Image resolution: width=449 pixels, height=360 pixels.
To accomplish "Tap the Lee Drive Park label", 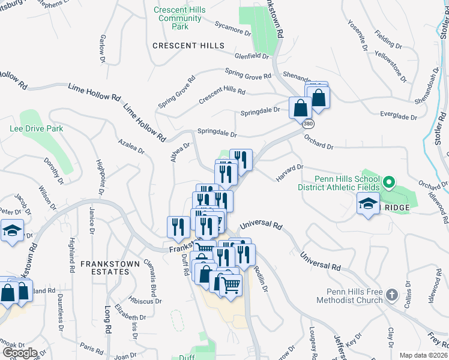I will pos(37,128).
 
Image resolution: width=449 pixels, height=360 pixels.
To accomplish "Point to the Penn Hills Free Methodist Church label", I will pos(351,296).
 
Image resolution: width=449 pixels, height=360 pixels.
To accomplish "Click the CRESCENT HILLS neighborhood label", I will pos(188,46).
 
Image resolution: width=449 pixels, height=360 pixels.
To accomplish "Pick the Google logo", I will pos(20,353).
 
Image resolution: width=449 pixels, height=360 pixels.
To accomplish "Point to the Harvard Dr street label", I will pos(290,173).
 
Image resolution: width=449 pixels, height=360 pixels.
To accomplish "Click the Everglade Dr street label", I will pos(399,116).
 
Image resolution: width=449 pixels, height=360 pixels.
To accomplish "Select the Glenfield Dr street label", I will pos(252,56).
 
